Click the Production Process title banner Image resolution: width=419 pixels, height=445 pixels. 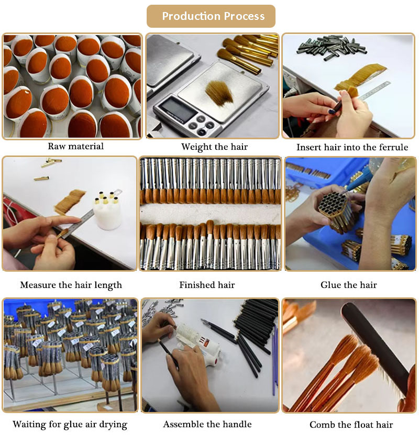click(211, 16)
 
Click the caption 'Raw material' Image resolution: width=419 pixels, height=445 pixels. click(76, 146)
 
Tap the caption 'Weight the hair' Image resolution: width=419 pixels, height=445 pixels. click(214, 147)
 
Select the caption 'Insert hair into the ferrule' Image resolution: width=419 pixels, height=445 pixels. click(352, 147)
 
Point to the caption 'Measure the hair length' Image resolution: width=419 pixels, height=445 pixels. click(71, 285)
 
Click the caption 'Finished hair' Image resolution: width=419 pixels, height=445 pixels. click(207, 285)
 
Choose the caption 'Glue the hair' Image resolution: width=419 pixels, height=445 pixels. click(349, 285)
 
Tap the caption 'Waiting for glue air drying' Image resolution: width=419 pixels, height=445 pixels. click(70, 425)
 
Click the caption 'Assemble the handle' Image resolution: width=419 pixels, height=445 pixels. click(207, 424)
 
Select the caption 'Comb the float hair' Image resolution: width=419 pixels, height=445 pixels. click(351, 425)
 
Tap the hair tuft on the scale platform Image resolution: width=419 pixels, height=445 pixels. click(219, 92)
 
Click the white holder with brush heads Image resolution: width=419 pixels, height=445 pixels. click(107, 210)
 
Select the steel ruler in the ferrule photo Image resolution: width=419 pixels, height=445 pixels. click(373, 91)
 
